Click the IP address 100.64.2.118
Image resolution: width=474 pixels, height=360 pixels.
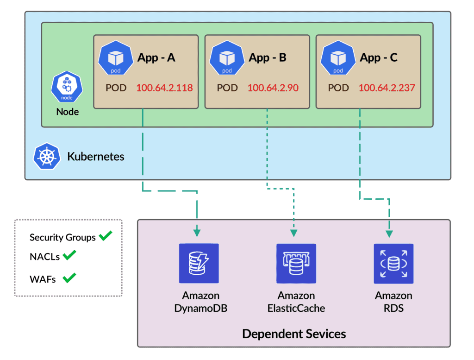(164, 88)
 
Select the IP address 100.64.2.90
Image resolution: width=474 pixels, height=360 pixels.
(273, 88)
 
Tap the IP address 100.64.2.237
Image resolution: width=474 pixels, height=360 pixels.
(387, 88)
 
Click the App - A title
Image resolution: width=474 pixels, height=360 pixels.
(156, 57)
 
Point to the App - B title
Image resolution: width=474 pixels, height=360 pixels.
(268, 57)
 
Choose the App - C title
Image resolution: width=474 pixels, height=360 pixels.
(379, 57)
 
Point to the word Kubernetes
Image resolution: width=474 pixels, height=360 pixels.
(96, 157)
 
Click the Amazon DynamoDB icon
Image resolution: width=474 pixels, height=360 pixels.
(199, 263)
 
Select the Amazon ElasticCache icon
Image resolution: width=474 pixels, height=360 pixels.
(296, 263)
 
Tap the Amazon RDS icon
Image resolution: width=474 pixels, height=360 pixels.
(393, 263)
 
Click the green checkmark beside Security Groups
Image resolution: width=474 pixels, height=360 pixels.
(105, 236)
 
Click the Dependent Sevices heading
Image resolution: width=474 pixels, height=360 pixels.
(294, 334)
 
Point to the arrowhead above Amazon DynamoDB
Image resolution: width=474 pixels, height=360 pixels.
(197, 230)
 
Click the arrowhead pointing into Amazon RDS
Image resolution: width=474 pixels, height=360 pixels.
(389, 230)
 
